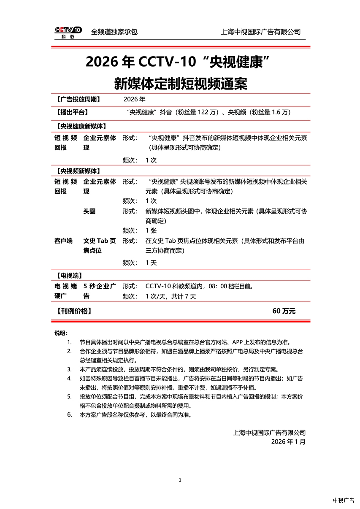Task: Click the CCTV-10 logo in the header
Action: pos(68,32)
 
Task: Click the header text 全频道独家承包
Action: pos(114,32)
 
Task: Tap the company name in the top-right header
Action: pos(260,32)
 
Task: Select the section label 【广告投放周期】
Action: pos(78,100)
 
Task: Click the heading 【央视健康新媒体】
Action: pos(80,126)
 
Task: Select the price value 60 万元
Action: pos(284,311)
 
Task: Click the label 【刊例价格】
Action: pos(73,311)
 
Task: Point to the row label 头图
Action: pos(89,211)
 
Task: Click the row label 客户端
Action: pos(63,241)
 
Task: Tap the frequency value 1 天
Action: pos(151,263)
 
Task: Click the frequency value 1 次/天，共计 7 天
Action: pos(171,297)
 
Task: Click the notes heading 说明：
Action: pos(61,333)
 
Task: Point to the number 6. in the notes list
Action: pos(70,414)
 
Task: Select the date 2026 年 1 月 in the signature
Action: pos(288,442)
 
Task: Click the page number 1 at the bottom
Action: pos(180,480)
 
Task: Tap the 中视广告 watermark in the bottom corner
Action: pos(344,501)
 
